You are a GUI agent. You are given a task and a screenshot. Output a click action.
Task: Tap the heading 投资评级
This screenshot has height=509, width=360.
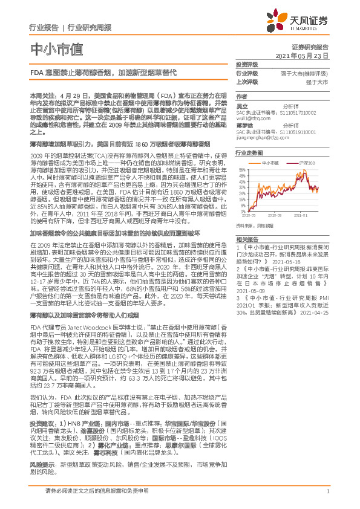point(246,65)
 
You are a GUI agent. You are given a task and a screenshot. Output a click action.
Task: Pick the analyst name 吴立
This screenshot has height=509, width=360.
point(242,105)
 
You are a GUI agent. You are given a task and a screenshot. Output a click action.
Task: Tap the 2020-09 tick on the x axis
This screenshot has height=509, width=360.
point(273,215)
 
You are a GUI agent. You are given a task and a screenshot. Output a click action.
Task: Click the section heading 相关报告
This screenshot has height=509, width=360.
point(246,239)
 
